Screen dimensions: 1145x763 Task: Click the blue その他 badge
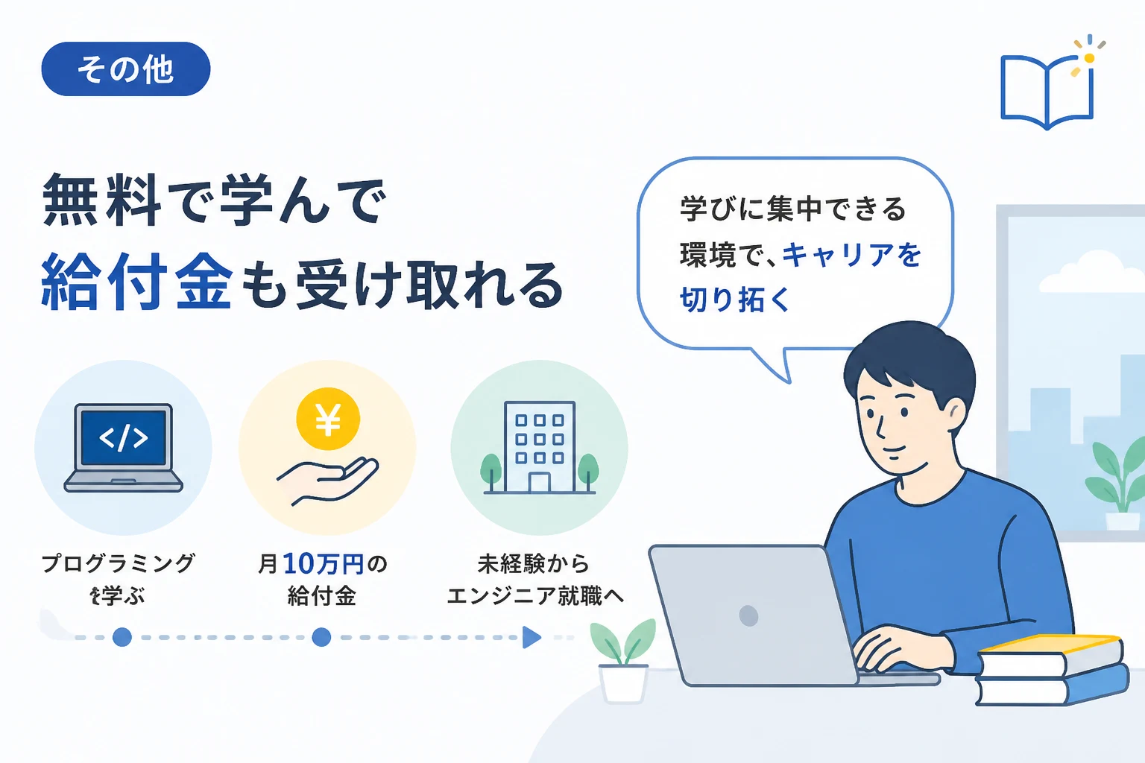pyautogui.click(x=126, y=69)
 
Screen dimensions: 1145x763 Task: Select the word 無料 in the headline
pyautogui.click(x=101, y=200)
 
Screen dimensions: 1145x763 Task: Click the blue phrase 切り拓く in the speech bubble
pyautogui.click(x=735, y=300)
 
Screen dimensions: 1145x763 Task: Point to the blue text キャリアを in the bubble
pyautogui.click(x=851, y=255)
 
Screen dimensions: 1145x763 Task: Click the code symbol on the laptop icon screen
pyautogui.click(x=124, y=438)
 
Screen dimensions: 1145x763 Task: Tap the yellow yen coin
pyautogui.click(x=328, y=419)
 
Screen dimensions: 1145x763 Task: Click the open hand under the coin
pyautogui.click(x=328, y=481)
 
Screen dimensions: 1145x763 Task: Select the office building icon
pyautogui.click(x=540, y=448)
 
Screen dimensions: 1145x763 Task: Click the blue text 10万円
pyautogui.click(x=324, y=564)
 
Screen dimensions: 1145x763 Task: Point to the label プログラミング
pyautogui.click(x=118, y=563)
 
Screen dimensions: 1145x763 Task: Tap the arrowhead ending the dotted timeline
pyautogui.click(x=532, y=637)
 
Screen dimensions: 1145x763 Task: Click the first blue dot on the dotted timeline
pyautogui.click(x=122, y=637)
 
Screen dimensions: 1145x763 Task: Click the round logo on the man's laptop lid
pyautogui.click(x=749, y=615)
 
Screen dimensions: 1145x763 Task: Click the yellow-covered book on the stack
pyautogui.click(x=1051, y=655)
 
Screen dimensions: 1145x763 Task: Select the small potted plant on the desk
pyautogui.click(x=623, y=660)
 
